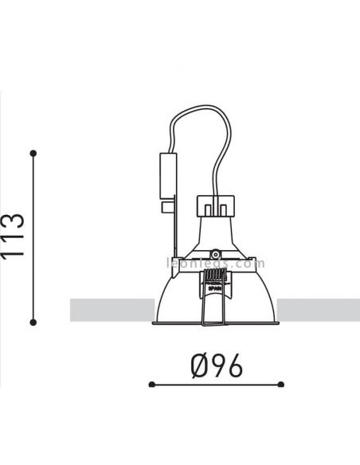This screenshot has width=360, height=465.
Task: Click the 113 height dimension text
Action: pyautogui.click(x=13, y=237)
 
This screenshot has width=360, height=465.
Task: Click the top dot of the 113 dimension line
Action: pyautogui.click(x=33, y=152)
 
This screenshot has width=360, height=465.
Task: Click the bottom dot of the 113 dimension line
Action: pyautogui.click(x=33, y=322)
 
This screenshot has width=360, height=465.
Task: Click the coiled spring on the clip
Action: pyautogui.click(x=213, y=279)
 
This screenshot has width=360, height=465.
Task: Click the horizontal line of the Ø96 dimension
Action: pyautogui.click(x=215, y=385)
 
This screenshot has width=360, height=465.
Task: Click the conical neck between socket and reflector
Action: pyautogui.click(x=214, y=236)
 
